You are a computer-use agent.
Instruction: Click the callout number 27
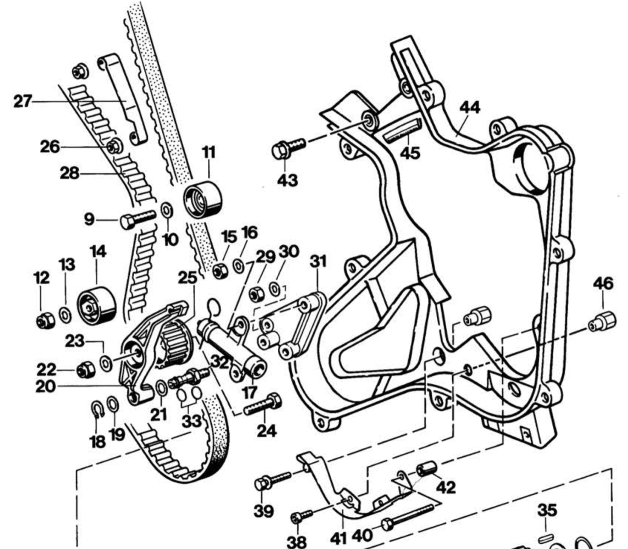(x=22, y=101)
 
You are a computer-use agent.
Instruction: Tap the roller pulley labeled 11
(x=203, y=200)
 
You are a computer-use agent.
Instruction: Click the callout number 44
(x=469, y=107)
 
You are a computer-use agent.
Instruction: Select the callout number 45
(x=410, y=152)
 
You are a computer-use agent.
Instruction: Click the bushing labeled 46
(x=603, y=321)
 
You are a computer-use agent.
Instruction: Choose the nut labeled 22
(x=85, y=370)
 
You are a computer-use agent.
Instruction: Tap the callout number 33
(x=192, y=421)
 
